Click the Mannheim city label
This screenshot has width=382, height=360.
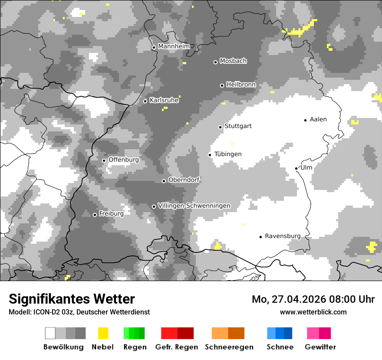174,46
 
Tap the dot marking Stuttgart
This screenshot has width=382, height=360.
220,127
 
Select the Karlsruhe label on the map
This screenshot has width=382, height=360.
164,100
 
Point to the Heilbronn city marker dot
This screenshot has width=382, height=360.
222,85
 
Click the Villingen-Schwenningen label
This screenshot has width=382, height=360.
194,206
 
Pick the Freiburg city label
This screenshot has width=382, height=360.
111,214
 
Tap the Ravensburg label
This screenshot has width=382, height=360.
283,236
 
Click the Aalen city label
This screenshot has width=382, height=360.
318,119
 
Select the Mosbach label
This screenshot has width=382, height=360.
233,61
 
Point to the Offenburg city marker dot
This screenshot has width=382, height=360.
104,160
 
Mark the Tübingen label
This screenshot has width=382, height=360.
228,154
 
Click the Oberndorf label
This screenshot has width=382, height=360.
184,180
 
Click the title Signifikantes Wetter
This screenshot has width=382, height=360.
72,299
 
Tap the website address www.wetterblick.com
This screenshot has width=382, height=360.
313,312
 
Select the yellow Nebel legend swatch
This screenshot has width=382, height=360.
103,333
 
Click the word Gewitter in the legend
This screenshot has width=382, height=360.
320,347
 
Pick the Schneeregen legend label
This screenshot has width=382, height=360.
229,347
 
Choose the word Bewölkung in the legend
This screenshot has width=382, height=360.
63,347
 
